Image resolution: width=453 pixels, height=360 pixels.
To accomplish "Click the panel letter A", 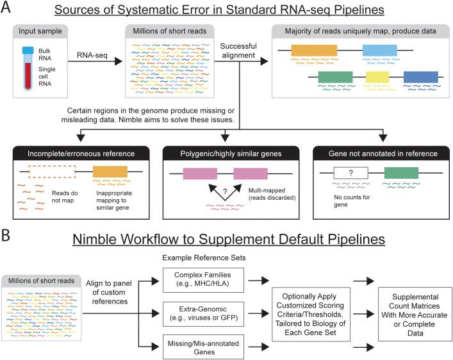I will (8, 9).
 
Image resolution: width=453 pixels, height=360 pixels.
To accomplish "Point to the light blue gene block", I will (379, 50).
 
